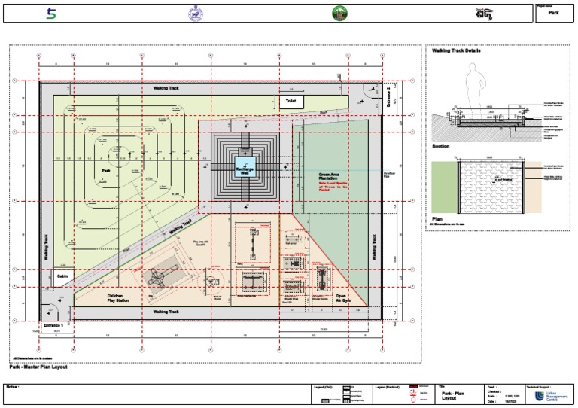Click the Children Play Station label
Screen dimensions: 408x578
120,299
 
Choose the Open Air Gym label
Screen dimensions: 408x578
341,299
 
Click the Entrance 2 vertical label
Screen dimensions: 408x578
388,98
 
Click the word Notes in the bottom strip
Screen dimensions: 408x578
12,387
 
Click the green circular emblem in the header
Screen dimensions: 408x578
340,13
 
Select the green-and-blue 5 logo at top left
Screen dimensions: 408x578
51,13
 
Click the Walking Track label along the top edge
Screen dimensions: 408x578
166,88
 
